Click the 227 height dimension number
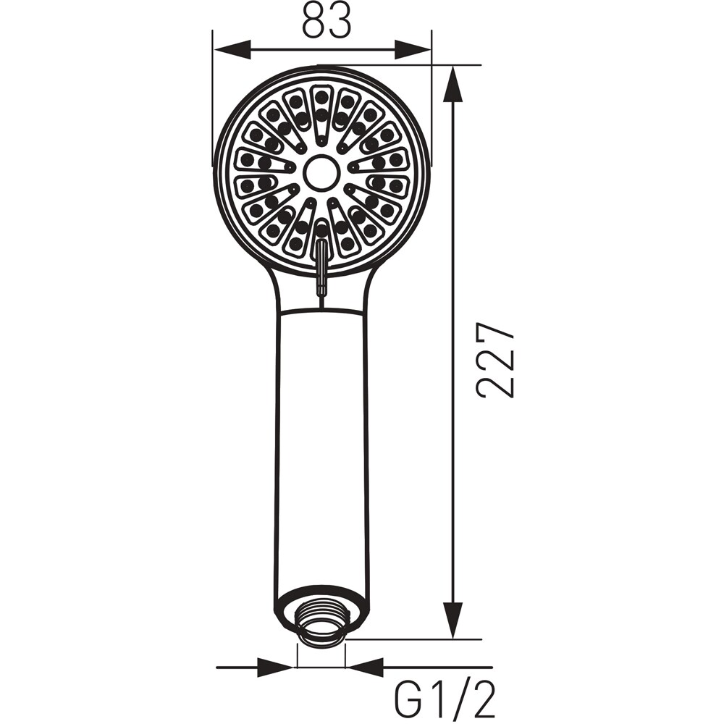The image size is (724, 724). click(496, 360)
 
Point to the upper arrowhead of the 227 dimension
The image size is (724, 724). click(453, 83)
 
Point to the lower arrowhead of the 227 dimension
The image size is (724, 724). click(453, 620)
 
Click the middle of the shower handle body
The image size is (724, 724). click(321, 449)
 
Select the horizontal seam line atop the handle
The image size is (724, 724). click(321, 312)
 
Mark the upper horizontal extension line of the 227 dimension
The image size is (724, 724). click(456, 65)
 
